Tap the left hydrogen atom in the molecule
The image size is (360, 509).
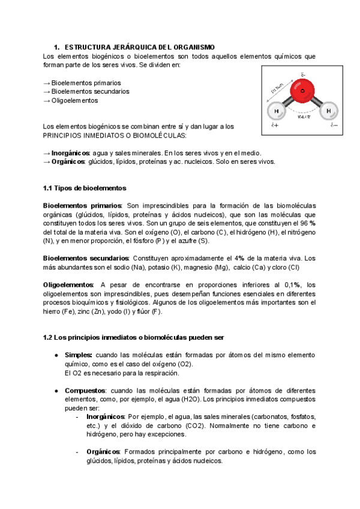point(276,112)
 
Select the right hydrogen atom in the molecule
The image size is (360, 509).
point(328,112)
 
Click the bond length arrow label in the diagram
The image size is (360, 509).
point(277,89)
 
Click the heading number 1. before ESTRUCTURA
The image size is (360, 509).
point(57,47)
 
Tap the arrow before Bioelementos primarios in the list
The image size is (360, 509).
point(47,83)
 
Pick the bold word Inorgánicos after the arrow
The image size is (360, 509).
point(71,153)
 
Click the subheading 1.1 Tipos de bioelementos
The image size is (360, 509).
point(85,188)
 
